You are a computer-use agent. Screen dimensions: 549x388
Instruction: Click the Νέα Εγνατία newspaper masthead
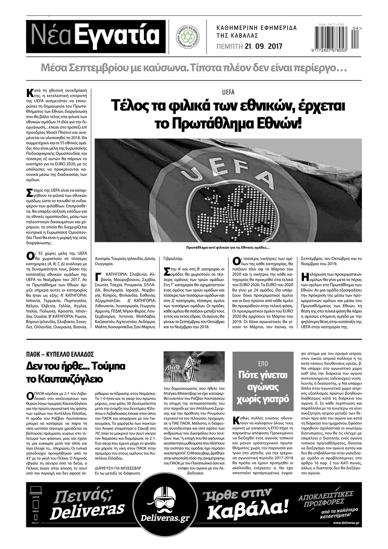click(x=96, y=36)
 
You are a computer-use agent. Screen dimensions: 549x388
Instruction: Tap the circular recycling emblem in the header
click(x=187, y=37)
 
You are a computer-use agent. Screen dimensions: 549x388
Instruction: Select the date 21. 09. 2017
click(x=263, y=46)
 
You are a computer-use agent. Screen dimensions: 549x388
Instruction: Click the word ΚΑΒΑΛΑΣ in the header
click(x=243, y=36)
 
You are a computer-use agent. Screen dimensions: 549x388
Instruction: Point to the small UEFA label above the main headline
click(x=228, y=92)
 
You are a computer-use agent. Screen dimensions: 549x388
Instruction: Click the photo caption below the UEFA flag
click(x=228, y=248)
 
